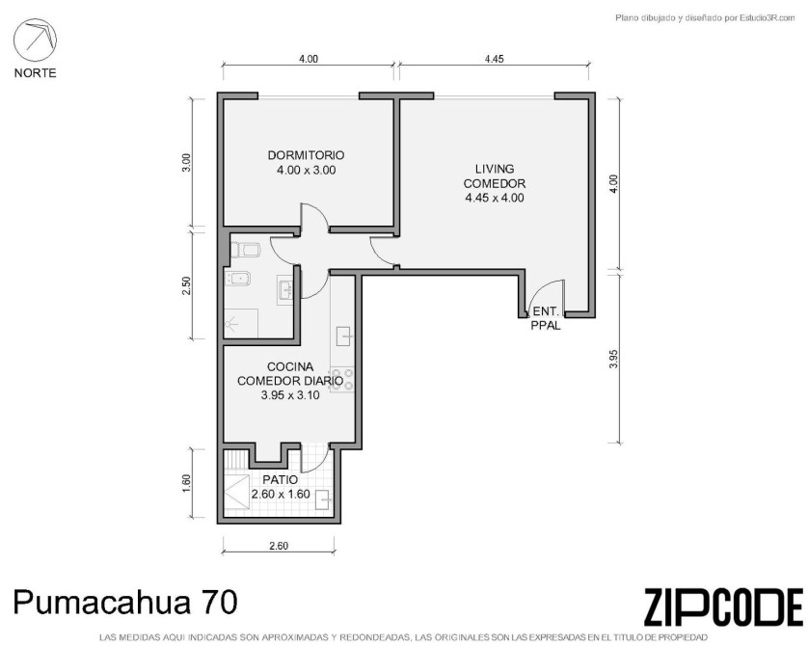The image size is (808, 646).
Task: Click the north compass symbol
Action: (35, 40)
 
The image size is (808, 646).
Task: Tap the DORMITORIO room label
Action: (306, 155)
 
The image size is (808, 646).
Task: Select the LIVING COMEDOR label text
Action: (495, 175)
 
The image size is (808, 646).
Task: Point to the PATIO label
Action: (280, 479)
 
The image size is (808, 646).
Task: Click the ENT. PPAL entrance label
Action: (546, 318)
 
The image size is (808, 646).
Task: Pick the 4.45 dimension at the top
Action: (494, 59)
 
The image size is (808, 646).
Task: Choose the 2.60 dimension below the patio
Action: (279, 546)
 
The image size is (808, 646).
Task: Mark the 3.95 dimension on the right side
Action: (613, 359)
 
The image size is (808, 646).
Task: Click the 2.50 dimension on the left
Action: (186, 286)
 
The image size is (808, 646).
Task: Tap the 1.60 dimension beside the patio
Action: (186, 483)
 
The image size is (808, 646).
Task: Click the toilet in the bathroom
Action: (245, 251)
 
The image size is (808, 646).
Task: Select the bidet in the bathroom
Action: (238, 279)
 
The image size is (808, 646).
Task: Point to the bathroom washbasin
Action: (285, 290)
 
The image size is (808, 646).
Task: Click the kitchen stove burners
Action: (342, 380)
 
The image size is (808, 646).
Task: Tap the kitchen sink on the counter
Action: (343, 336)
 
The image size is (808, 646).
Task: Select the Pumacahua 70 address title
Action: (125, 602)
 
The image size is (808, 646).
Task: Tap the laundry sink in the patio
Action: (324, 499)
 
